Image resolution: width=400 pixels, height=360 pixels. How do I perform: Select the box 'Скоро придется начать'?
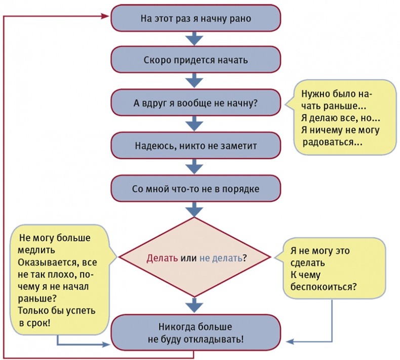tap(195, 60)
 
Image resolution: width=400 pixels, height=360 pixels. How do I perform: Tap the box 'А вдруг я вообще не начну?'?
tap(195, 103)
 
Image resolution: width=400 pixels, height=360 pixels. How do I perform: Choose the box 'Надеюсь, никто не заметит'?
tap(195, 146)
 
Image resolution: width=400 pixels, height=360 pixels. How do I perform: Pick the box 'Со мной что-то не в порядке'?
tap(195, 189)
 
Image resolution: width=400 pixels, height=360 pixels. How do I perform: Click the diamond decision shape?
tap(195, 257)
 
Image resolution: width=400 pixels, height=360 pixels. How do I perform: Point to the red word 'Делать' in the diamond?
tap(162, 258)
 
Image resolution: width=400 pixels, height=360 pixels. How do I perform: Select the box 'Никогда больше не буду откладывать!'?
tap(195, 332)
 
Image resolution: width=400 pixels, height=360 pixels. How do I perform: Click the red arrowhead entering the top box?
tap(105, 17)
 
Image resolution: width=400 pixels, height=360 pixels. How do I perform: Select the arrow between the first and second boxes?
tap(195, 39)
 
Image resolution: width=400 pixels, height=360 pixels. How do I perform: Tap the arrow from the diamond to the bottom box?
tap(195, 305)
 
